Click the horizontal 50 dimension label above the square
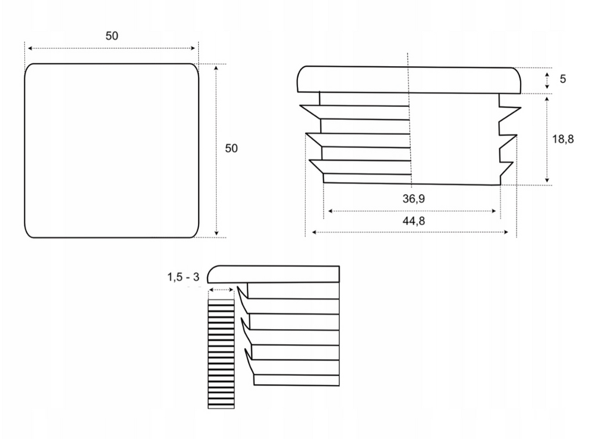(112, 36)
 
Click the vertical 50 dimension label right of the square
(231, 148)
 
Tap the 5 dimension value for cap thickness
(562, 78)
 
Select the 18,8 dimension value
(562, 139)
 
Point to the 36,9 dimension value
(414, 199)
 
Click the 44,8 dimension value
(414, 221)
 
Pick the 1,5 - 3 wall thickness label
(183, 277)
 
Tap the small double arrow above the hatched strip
(221, 290)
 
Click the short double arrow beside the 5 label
(547, 80)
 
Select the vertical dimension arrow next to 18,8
(547, 140)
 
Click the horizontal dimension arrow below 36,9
(414, 211)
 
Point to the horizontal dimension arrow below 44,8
(410, 232)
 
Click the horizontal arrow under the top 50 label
(112, 49)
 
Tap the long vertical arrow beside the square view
(216, 149)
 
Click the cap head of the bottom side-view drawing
(273, 274)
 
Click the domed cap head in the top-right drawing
(409, 80)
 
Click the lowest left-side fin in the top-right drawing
(317, 167)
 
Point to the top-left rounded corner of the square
(30, 69)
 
